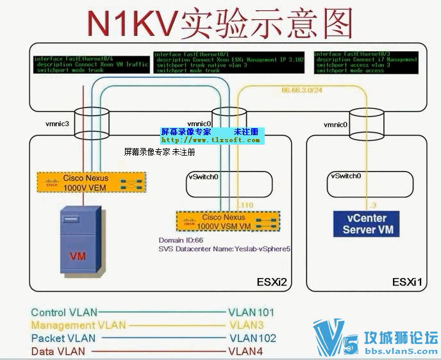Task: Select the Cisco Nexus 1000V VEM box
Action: pos(90,183)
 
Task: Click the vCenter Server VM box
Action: pos(368,224)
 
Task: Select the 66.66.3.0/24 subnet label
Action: pos(303,91)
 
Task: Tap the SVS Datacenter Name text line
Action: pos(225,249)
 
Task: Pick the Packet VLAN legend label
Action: pos(63,338)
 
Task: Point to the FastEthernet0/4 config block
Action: pos(91,64)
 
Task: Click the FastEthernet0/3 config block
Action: pos(367,63)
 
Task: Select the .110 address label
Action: pos(246,204)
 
